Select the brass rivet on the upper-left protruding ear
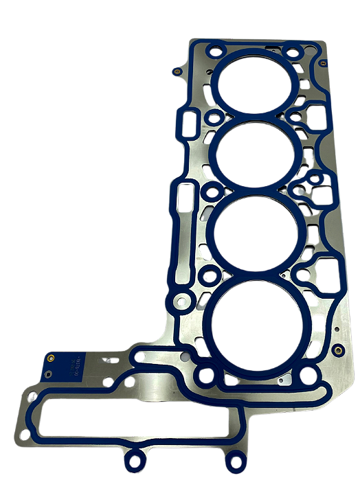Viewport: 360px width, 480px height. pyautogui.click(x=178, y=70)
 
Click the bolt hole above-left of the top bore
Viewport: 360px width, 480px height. pyautogui.click(x=216, y=51)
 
